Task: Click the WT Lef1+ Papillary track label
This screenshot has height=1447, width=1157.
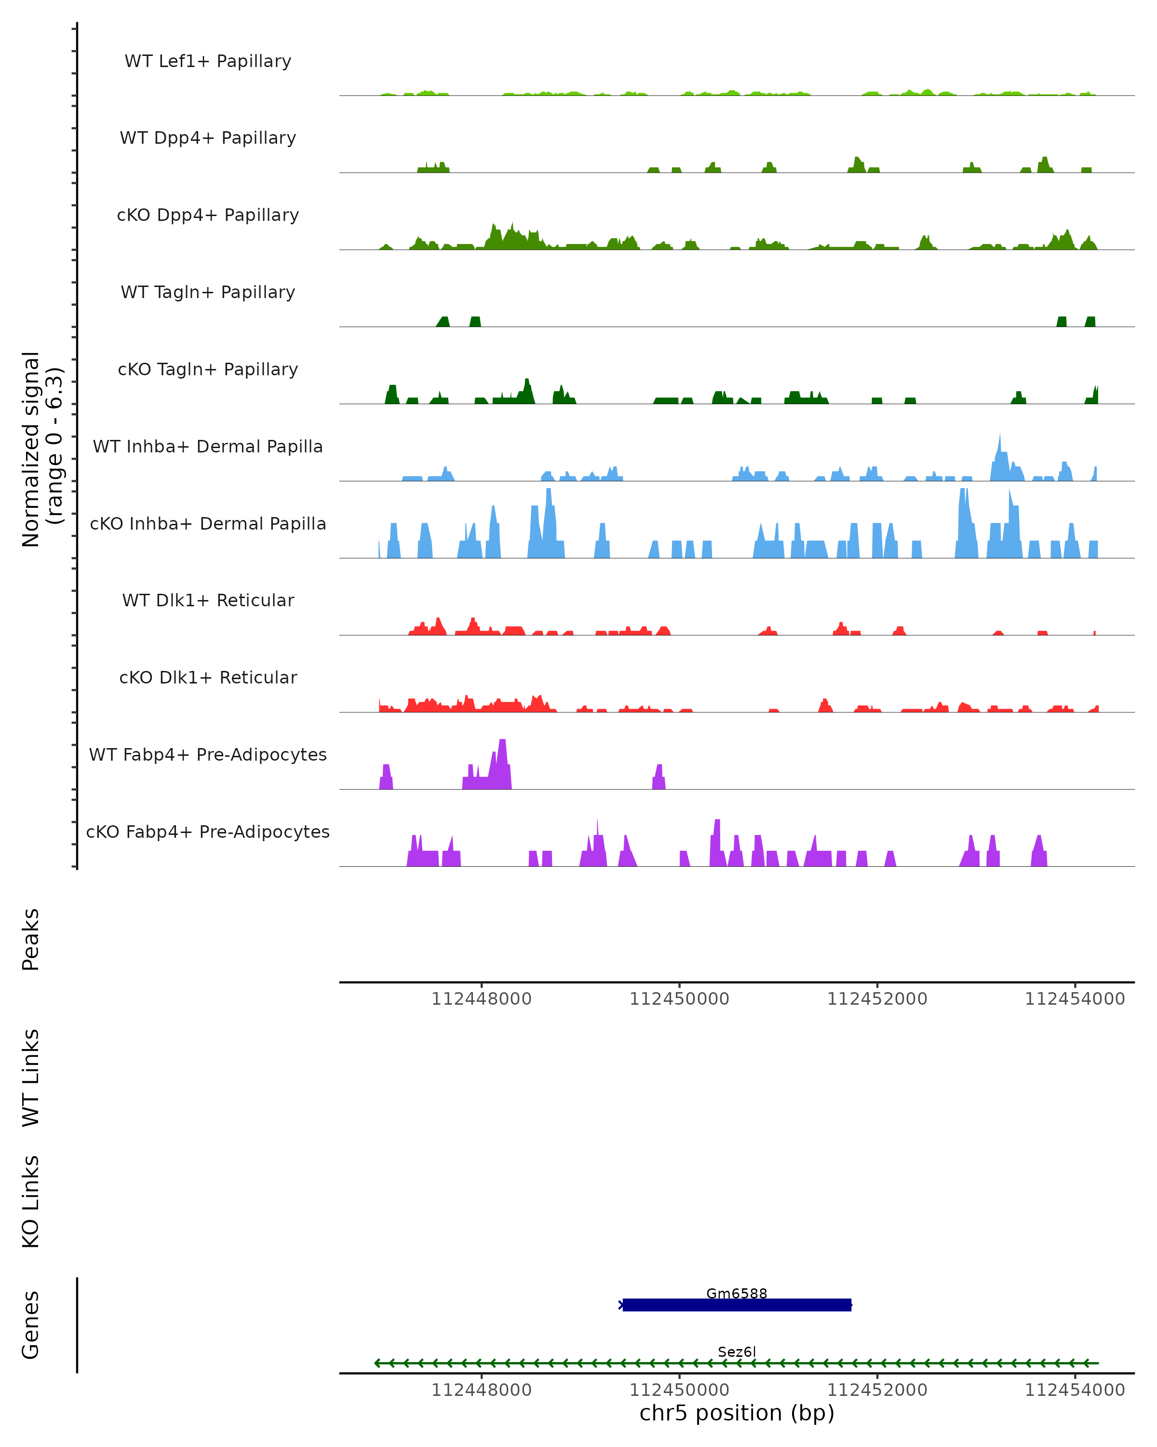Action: (208, 61)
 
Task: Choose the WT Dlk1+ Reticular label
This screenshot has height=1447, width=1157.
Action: (208, 600)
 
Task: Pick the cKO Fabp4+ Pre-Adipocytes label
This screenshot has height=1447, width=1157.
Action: (208, 832)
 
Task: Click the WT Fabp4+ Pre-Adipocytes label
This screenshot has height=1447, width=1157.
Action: (208, 754)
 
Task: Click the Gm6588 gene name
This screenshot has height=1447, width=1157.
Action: (737, 1293)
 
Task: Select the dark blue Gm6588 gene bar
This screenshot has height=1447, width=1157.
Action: (737, 1305)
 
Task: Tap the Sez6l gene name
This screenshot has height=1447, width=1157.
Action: (737, 1351)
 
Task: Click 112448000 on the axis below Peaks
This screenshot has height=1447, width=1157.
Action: (481, 999)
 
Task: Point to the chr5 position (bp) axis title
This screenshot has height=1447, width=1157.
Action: (737, 1413)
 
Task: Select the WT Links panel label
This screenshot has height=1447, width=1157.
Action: (31, 1077)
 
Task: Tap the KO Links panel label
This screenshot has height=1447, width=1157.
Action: (31, 1202)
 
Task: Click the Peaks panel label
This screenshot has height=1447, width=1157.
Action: (31, 940)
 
